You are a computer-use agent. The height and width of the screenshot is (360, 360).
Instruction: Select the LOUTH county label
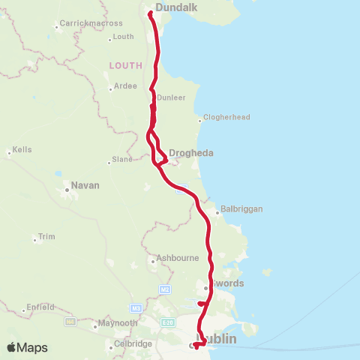[x=125, y=65]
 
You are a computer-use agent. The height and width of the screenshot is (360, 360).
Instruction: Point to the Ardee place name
[x=125, y=86]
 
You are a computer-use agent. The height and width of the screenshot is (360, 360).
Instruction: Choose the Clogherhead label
[x=226, y=118]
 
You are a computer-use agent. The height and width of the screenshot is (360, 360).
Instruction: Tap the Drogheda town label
[x=191, y=153]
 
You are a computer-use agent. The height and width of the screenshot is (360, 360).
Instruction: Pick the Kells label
[x=22, y=150]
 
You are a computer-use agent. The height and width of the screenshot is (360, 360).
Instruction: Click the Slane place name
[x=122, y=160]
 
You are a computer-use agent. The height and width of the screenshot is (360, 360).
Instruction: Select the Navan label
[x=85, y=185]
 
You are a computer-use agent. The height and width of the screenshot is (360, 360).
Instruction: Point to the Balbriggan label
[x=242, y=209]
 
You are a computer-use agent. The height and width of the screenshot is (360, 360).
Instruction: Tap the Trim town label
[x=47, y=237]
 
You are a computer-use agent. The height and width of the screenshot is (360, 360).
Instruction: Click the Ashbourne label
[x=175, y=259]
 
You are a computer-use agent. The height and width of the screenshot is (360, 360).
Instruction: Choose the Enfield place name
[x=40, y=307]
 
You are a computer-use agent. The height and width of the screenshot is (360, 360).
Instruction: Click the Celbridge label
[x=133, y=343]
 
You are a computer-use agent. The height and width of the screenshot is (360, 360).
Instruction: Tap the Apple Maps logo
[x=27, y=347]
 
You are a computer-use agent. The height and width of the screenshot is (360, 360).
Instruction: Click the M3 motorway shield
[x=136, y=307]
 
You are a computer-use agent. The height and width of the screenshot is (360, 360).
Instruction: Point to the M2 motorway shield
[x=166, y=288]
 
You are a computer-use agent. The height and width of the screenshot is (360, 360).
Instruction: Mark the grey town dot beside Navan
[x=67, y=190]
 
